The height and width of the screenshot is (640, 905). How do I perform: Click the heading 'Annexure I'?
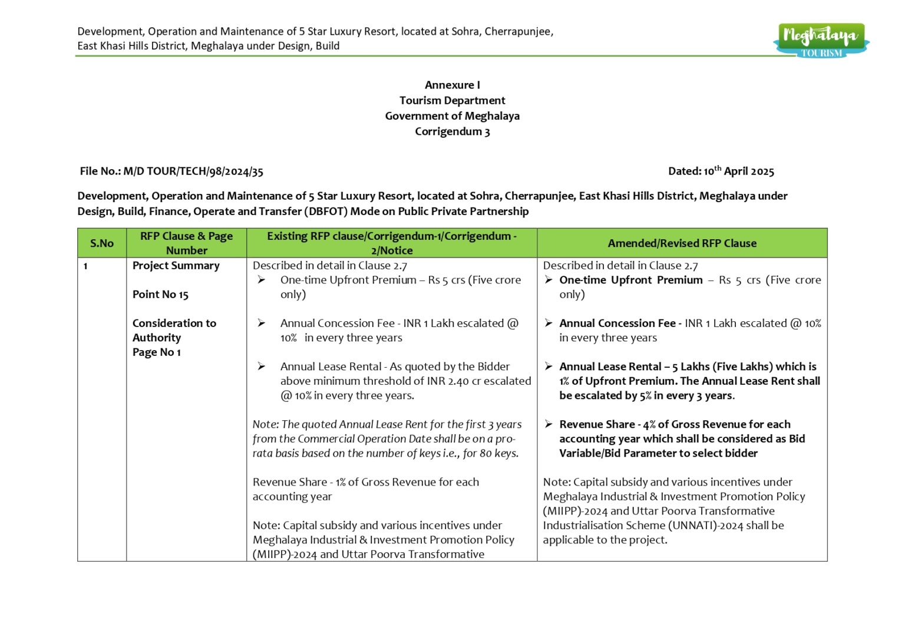click(452, 85)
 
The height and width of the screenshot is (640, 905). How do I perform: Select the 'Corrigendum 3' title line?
click(452, 131)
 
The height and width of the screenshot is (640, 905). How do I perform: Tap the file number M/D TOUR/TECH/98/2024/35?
click(193, 171)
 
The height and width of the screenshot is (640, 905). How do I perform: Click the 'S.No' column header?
click(101, 243)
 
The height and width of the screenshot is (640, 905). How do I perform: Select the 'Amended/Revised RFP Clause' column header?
click(682, 243)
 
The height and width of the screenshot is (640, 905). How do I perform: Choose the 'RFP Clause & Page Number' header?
click(186, 243)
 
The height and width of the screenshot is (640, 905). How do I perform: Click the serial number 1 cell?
click(85, 266)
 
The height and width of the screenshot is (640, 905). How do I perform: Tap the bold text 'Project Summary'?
click(176, 266)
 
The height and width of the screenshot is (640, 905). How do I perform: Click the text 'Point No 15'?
click(160, 295)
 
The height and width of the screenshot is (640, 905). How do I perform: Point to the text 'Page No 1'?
click(156, 352)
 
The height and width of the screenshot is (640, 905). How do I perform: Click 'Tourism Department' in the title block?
click(452, 101)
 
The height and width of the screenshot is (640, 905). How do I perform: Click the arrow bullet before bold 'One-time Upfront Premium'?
click(549, 280)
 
